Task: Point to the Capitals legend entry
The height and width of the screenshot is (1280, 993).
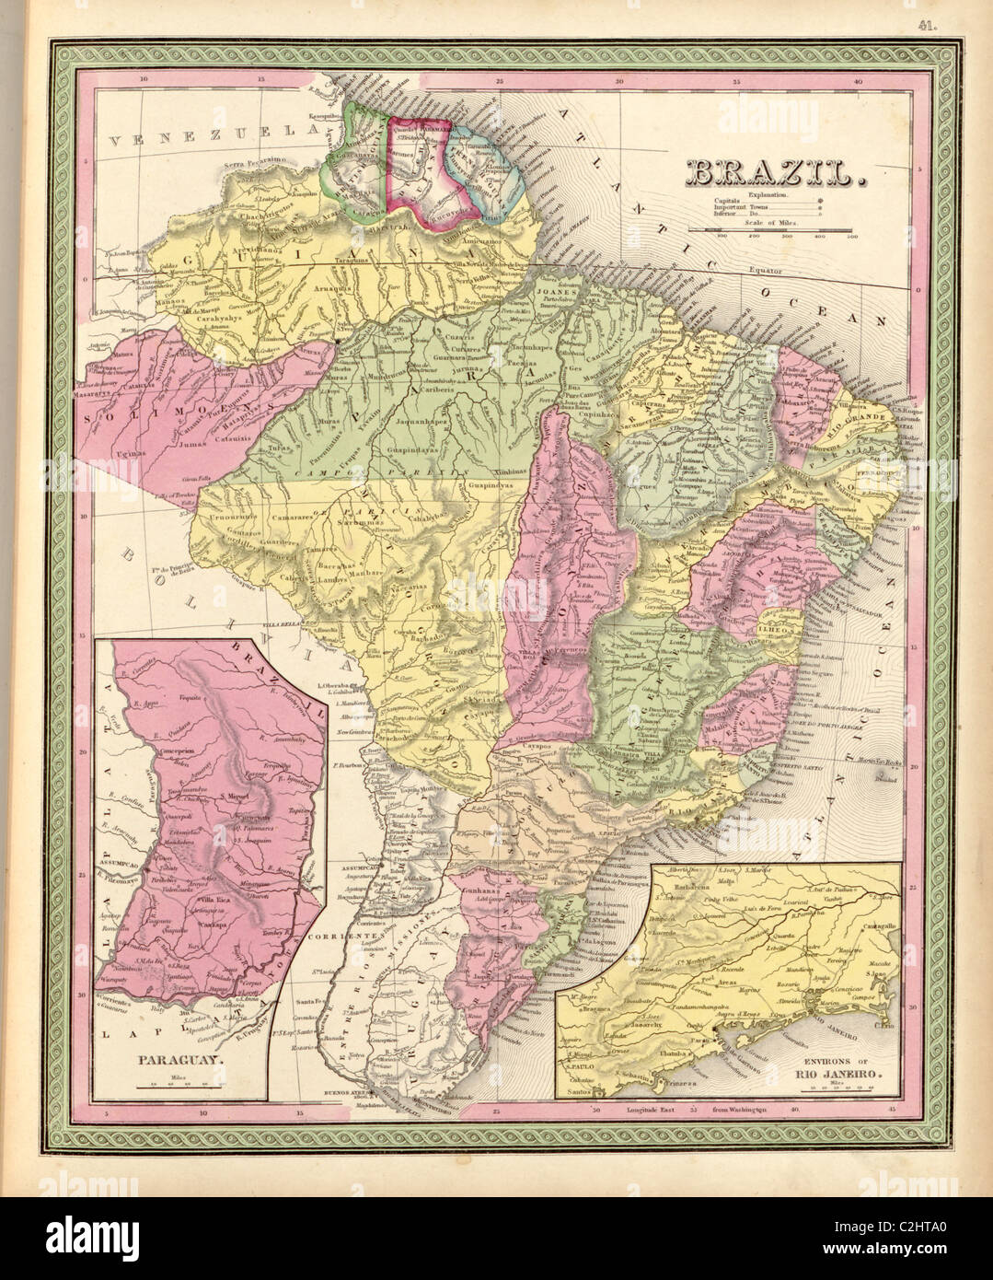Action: (x=727, y=202)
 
